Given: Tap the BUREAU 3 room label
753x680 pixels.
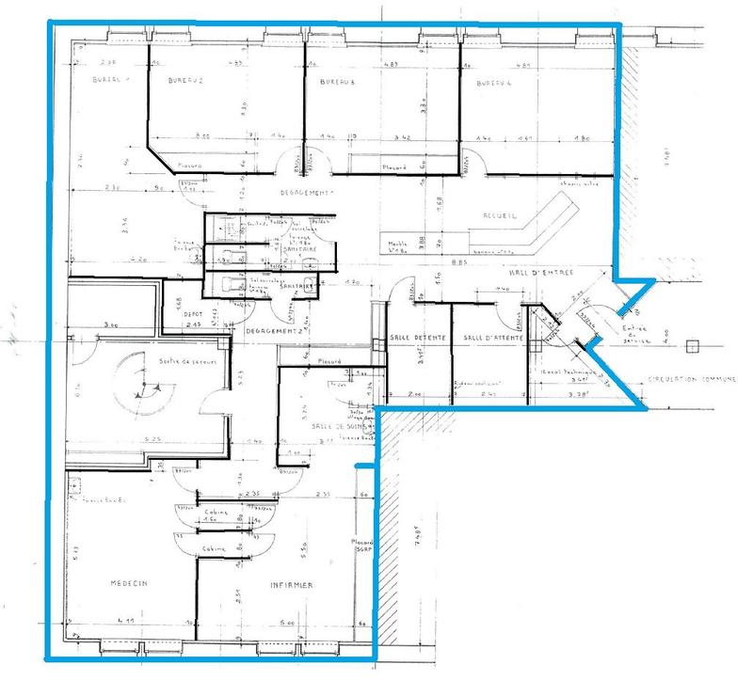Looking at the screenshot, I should click(x=336, y=83).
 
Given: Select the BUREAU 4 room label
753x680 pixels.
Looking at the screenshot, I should click(x=492, y=84).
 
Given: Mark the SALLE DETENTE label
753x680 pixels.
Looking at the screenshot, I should click(x=409, y=337).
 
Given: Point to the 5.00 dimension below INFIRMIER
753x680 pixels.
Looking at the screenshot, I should click(x=287, y=622).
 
